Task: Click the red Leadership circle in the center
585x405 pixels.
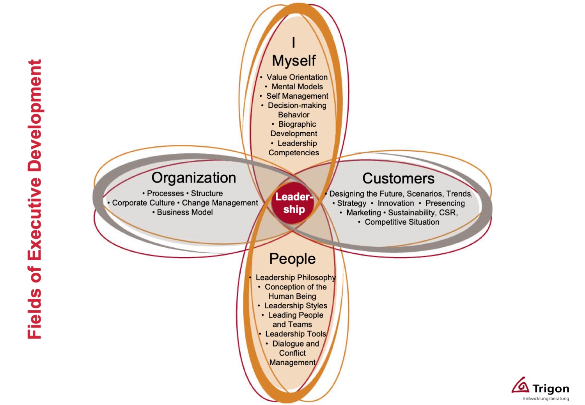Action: pyautogui.click(x=293, y=203)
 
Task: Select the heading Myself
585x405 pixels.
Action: pyautogui.click(x=294, y=61)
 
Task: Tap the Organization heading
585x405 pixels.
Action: pyautogui.click(x=194, y=178)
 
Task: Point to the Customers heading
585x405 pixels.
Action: pyautogui.click(x=398, y=179)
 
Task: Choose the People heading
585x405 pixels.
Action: pyautogui.click(x=292, y=259)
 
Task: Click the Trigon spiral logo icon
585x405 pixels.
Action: pyautogui.click(x=521, y=385)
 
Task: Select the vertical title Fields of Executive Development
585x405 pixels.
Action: pyautogui.click(x=35, y=199)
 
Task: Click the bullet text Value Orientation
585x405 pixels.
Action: pyautogui.click(x=297, y=77)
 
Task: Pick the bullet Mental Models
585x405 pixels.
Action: pyautogui.click(x=297, y=87)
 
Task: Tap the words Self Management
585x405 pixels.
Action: pyautogui.click(x=297, y=96)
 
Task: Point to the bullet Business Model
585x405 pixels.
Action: pyautogui.click(x=185, y=212)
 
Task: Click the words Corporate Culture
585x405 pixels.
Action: pyautogui.click(x=143, y=203)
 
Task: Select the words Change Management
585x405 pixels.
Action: pyautogui.click(x=220, y=203)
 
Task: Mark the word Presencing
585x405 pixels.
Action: pyautogui.click(x=445, y=203)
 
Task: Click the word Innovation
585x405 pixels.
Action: pyautogui.click(x=396, y=203)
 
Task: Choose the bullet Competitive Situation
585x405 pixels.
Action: pyautogui.click(x=402, y=222)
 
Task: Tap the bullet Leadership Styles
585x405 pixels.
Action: pyautogui.click(x=296, y=306)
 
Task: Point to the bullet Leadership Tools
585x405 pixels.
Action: pyautogui.click(x=295, y=334)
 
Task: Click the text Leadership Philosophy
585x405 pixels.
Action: pyautogui.click(x=295, y=277)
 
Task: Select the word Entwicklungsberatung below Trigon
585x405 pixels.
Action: pyautogui.click(x=546, y=399)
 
